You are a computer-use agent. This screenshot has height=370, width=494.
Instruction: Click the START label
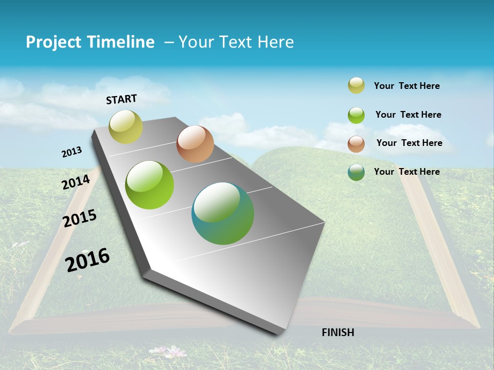click(x=121, y=99)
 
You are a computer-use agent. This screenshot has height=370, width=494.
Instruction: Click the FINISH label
click(x=338, y=332)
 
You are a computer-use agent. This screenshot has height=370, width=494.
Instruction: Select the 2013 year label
click(x=72, y=152)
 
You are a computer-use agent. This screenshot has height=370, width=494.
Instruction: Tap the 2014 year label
click(x=76, y=182)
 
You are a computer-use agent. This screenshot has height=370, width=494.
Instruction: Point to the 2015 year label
click(x=80, y=218)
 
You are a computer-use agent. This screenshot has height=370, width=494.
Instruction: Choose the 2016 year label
click(x=87, y=260)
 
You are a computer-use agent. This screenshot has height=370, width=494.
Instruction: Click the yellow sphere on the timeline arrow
click(x=126, y=127)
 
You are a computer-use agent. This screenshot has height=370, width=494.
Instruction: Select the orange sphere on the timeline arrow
click(x=195, y=144)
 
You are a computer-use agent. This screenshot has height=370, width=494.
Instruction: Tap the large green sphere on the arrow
click(x=149, y=185)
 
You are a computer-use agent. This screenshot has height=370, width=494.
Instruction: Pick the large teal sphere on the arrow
click(x=223, y=213)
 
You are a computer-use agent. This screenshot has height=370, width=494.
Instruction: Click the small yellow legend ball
click(x=356, y=86)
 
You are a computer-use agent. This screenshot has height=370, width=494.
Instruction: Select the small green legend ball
click(x=356, y=115)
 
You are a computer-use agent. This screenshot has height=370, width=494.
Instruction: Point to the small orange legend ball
click(x=356, y=144)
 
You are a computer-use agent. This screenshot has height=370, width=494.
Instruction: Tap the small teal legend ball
click(x=356, y=172)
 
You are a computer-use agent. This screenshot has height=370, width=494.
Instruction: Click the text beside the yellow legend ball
click(x=407, y=86)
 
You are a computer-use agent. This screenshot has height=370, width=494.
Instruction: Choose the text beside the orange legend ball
click(x=409, y=143)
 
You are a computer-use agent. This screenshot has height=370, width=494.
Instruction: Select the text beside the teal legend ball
click(x=407, y=172)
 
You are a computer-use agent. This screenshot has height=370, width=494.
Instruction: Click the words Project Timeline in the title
click(x=90, y=42)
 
